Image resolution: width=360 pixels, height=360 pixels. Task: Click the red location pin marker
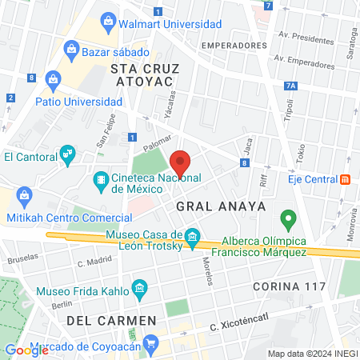coord(181,162)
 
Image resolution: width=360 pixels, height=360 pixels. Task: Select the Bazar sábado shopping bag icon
coord(72,51)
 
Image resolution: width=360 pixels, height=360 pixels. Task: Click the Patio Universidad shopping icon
coord(54,79)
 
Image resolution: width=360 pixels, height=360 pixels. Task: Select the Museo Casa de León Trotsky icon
coord(193,238)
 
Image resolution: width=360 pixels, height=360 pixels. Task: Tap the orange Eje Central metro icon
coord(345,178)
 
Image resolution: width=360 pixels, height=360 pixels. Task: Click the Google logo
coord(26,350)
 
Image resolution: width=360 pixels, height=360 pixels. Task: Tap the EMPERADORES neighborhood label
coord(234,46)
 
